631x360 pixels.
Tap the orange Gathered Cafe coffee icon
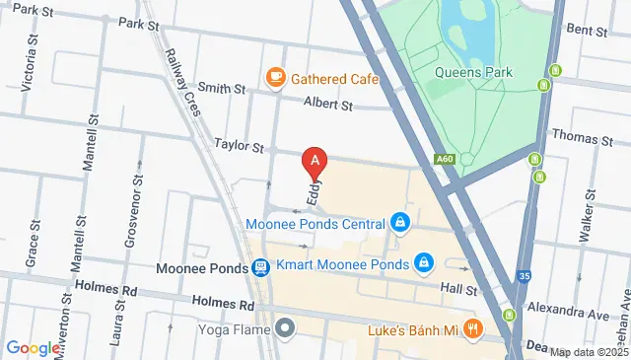tap(275, 76)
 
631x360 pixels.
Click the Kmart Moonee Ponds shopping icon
tap(423, 263)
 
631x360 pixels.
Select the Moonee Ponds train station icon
tap(259, 266)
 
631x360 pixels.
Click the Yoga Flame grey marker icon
tap(286, 326)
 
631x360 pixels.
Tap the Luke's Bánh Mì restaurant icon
tap(474, 329)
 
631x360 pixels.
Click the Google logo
tap(34, 348)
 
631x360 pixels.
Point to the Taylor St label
tap(240, 146)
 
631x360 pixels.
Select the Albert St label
tap(327, 104)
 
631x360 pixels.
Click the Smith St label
tap(220, 89)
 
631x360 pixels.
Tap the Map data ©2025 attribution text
tap(590, 352)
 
